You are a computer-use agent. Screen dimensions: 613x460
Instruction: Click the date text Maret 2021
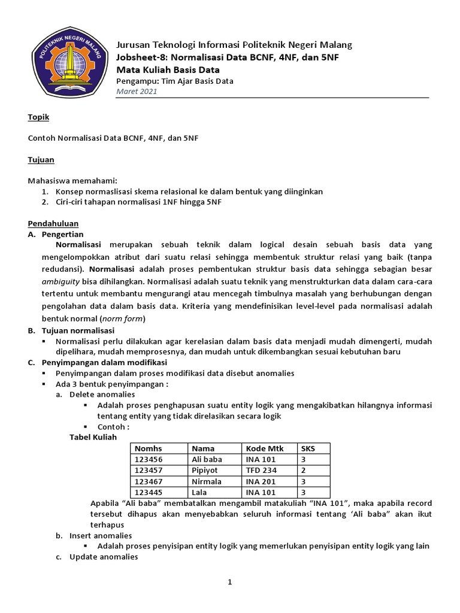tap(136, 92)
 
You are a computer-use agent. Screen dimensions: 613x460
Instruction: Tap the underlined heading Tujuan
tap(41, 160)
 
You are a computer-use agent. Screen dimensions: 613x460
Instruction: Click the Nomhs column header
tap(149, 448)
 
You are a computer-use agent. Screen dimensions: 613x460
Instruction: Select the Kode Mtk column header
tap(261, 448)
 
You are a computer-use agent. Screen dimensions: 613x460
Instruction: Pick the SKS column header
tap(308, 448)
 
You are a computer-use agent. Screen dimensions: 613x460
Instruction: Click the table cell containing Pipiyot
tap(205, 471)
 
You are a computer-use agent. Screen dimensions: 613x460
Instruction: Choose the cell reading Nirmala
tap(207, 481)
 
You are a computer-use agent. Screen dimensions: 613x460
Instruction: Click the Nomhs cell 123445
tap(149, 492)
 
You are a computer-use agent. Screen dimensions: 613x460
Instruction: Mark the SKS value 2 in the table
tap(303, 471)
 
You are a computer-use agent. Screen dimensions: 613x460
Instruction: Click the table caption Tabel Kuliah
tap(93, 437)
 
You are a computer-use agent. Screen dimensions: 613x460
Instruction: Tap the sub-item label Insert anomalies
tap(100, 535)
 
